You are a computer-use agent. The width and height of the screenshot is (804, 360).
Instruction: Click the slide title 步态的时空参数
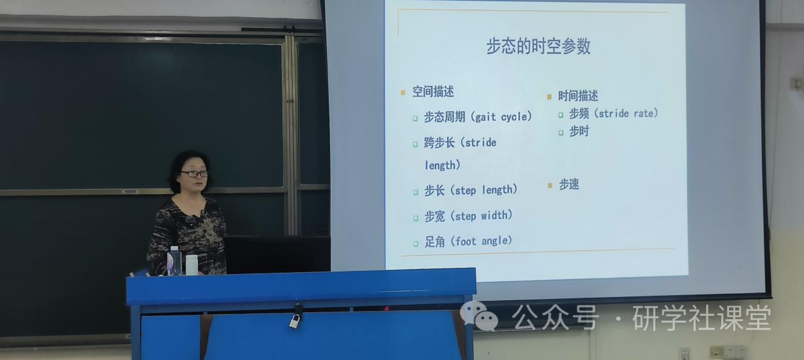pos(538,46)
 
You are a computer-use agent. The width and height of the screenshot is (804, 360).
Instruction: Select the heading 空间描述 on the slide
pos(433,91)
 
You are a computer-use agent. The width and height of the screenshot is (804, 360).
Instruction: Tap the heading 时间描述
pos(578,96)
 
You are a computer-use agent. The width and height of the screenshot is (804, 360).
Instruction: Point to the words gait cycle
pos(501,117)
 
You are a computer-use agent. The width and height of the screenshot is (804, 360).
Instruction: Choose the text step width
pos(481,216)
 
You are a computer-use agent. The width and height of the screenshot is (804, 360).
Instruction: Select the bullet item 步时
pos(579,131)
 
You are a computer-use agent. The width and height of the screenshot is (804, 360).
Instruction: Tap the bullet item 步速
pos(569,184)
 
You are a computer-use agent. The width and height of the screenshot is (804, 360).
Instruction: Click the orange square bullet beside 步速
pos(549,186)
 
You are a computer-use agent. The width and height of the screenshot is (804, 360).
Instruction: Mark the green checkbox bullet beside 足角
pos(416,244)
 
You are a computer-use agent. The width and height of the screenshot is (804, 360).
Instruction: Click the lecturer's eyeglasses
pos(194,174)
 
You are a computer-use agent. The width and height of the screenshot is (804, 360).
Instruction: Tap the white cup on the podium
pos(192,265)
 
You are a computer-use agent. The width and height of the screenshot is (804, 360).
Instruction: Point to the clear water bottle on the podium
pos(174,261)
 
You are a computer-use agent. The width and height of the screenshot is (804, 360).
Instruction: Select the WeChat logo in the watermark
pos(479,316)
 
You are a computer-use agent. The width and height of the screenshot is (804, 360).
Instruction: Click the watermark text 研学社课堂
pos(701,318)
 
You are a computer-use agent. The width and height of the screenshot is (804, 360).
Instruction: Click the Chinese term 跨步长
pos(439,142)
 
